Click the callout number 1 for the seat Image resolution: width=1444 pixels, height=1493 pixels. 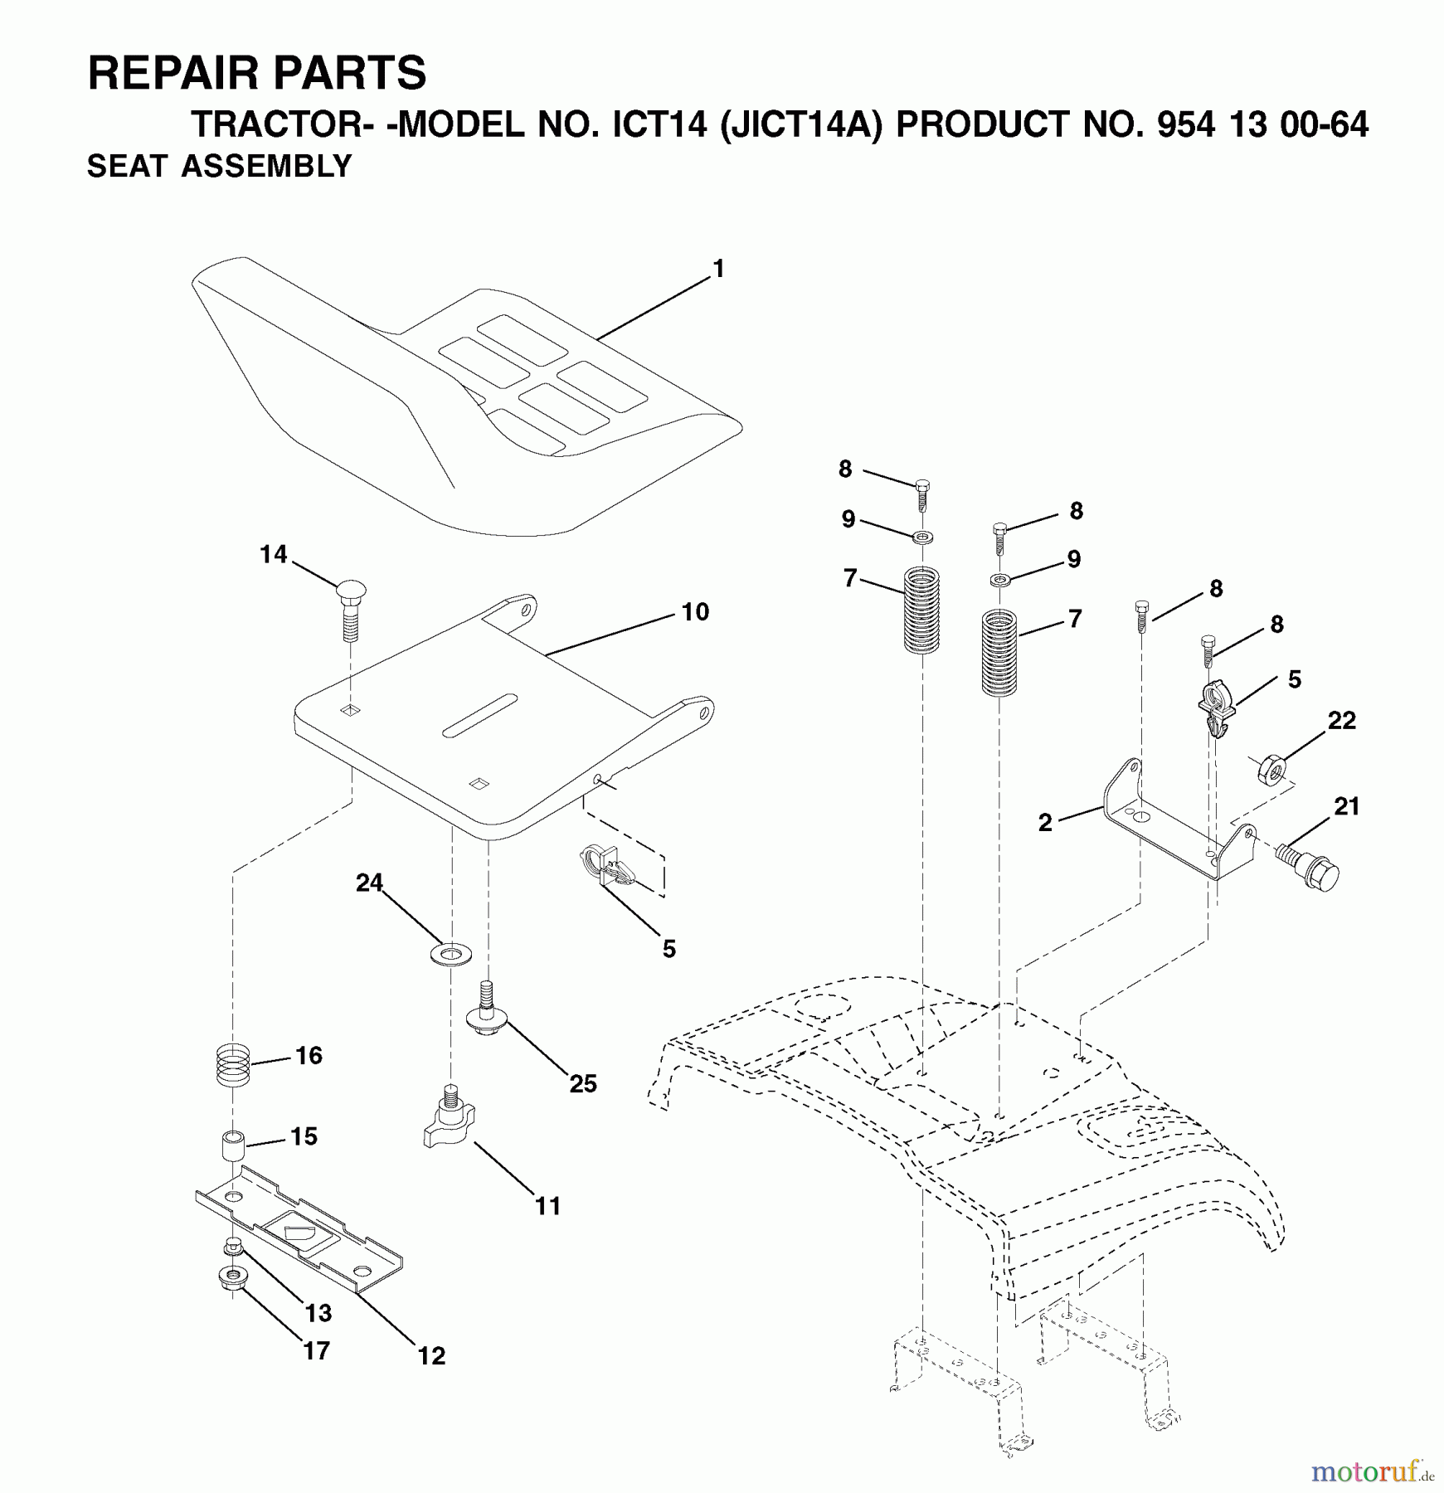718,270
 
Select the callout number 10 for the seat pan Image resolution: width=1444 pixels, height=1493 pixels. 695,612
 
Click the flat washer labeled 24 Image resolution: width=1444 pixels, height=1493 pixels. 450,954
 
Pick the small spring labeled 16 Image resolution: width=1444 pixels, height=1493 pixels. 233,1065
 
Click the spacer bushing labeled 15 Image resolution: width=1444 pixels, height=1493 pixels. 232,1147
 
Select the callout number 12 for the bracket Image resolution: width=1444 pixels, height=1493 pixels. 431,1355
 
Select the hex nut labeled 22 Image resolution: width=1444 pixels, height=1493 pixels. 1273,769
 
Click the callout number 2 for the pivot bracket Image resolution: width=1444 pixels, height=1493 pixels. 1044,823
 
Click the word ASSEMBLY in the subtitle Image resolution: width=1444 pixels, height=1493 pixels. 267,167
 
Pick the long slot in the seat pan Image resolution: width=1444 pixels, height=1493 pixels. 480,715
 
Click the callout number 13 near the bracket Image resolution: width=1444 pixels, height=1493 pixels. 318,1314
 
